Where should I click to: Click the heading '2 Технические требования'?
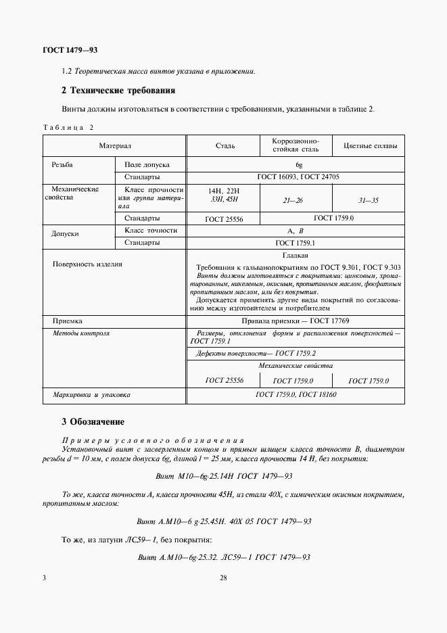118,90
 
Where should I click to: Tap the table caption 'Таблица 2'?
68,128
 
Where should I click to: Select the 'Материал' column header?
114,145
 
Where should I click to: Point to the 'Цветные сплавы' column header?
370,145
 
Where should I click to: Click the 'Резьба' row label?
62,164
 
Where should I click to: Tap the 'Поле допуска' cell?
147,164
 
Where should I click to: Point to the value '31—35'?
370,200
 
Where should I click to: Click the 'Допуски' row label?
66,234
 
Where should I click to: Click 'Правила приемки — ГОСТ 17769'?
295,321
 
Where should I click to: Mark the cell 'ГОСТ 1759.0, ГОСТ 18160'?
296,394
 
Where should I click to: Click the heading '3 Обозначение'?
93,422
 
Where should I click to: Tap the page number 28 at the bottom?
223,578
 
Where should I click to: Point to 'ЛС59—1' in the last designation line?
242,557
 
